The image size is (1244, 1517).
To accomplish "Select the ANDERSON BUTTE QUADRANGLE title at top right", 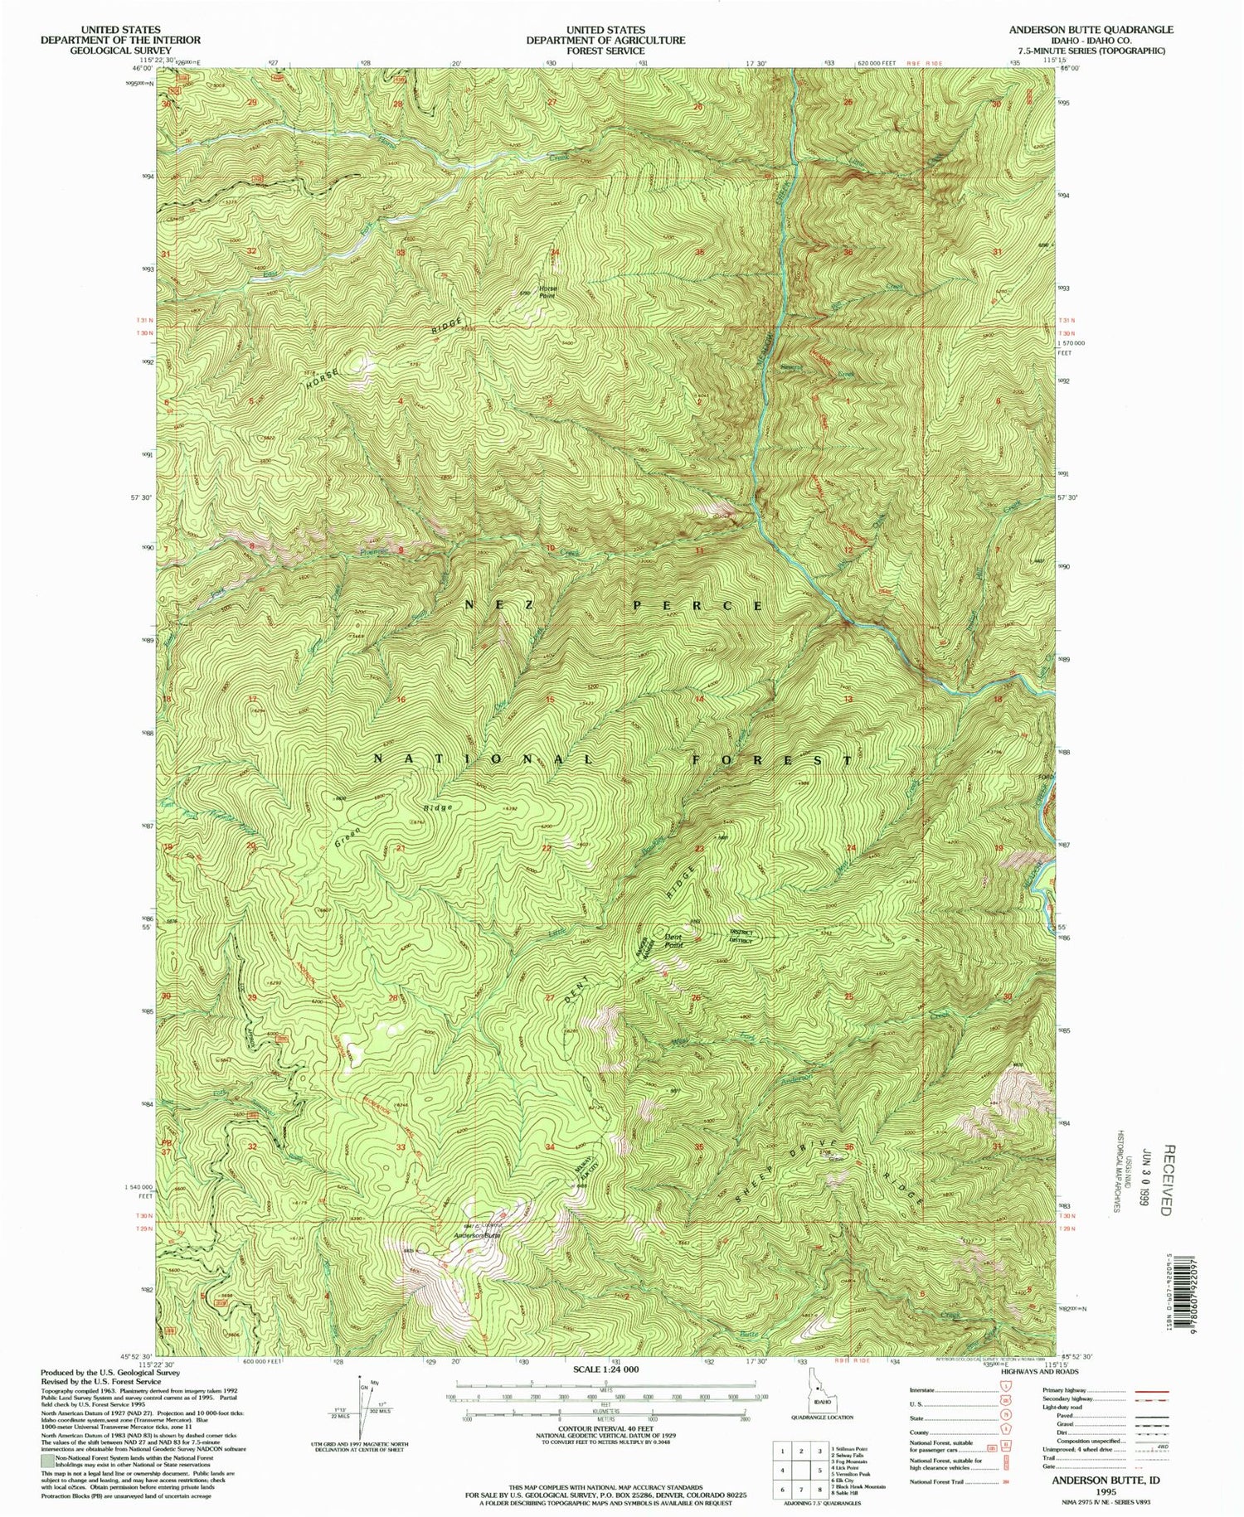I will tap(1091, 29).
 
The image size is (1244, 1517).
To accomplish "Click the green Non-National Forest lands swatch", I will tap(48, 1461).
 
